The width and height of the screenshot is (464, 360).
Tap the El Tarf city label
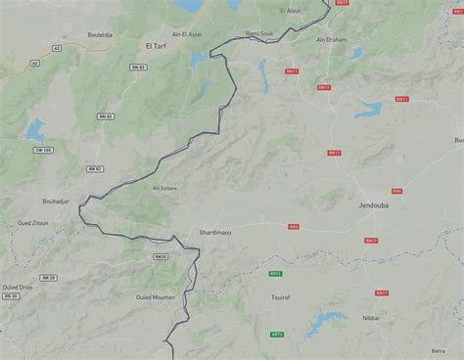[x=156, y=46]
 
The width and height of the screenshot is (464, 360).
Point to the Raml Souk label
[x=259, y=32]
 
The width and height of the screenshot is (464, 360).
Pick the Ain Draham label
[x=332, y=40]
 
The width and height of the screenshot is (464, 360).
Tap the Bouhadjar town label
[x=56, y=202]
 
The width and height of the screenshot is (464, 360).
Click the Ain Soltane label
[x=164, y=188]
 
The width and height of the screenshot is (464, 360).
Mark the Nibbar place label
[x=370, y=318]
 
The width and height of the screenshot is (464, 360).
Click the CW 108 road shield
[x=43, y=150]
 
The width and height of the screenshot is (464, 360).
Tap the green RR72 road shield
[x=275, y=274]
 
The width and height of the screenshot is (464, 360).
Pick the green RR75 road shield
[x=277, y=334]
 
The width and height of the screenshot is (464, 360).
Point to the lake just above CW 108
[x=36, y=129]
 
